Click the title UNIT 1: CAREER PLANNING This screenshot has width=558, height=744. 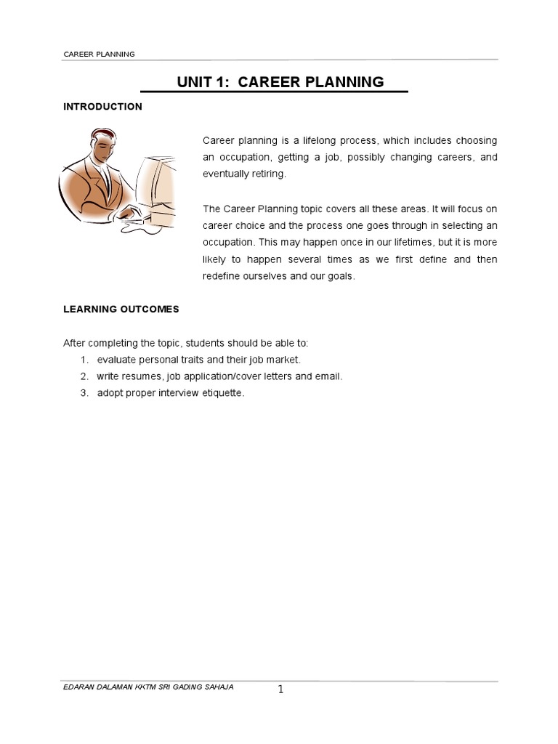280,82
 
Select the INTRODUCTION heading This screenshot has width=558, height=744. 102,107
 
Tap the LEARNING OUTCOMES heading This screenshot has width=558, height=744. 121,309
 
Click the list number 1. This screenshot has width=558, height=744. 84,360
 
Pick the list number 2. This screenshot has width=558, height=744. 84,376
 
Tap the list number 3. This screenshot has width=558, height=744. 84,393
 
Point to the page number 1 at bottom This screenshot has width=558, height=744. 280,690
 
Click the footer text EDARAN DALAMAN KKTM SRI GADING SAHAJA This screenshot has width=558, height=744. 148,687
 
